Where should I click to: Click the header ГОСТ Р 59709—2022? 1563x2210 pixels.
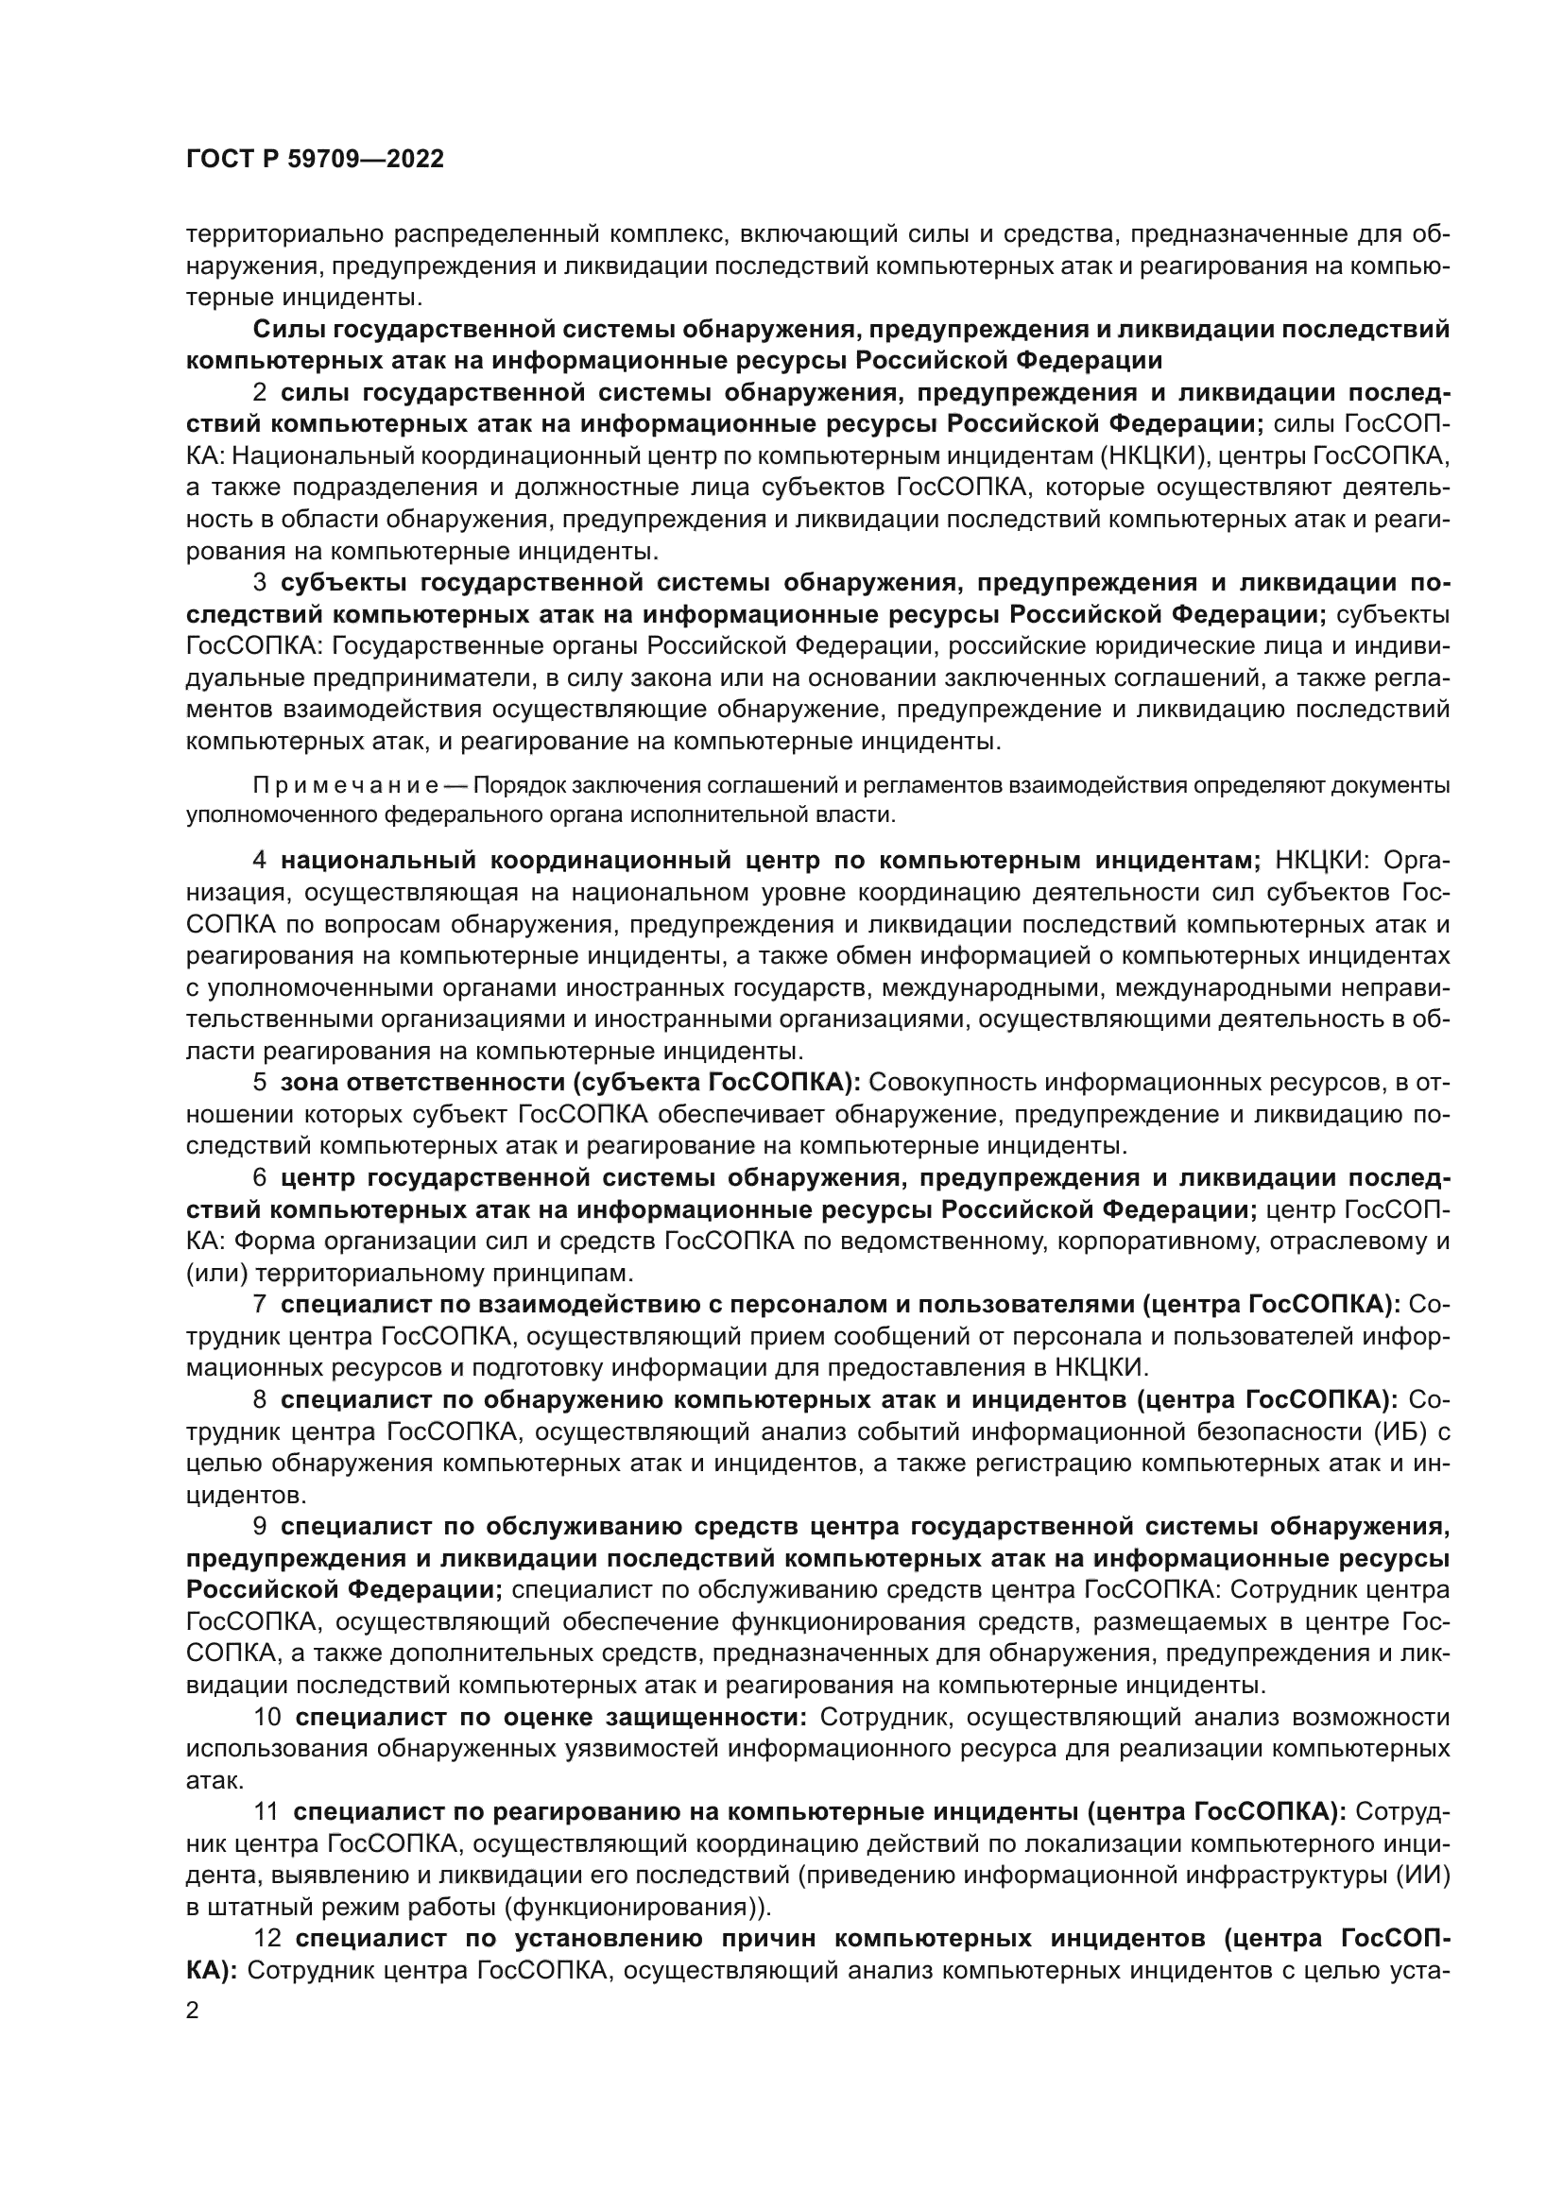[315, 160]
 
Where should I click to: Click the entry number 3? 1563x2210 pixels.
[260, 582]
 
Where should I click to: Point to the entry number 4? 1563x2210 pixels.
[260, 860]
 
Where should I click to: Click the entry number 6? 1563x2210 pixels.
[260, 1177]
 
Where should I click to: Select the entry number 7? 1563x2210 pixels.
[260, 1304]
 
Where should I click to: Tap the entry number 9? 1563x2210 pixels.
[260, 1526]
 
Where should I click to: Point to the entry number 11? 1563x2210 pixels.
[266, 1811]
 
